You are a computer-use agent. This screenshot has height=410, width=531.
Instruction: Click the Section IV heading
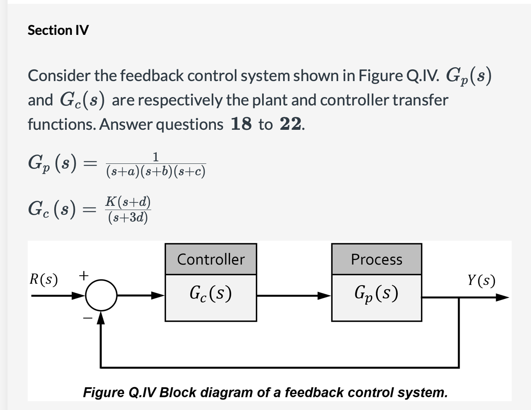[58, 30]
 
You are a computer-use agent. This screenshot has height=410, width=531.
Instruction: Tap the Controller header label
[210, 259]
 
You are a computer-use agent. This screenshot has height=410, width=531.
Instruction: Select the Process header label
[376, 259]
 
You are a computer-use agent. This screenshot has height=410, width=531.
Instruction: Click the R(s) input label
[44, 279]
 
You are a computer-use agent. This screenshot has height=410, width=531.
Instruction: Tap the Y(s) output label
[481, 280]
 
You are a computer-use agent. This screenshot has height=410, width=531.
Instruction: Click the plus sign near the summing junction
[84, 276]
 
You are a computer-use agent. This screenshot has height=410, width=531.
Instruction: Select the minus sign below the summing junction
[87, 319]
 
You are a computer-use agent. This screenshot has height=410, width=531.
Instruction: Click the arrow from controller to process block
[294, 296]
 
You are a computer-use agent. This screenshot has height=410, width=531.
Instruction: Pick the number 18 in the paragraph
[241, 124]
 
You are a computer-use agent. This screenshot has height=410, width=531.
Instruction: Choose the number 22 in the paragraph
[290, 124]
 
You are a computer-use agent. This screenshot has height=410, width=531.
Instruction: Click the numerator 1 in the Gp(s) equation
[155, 157]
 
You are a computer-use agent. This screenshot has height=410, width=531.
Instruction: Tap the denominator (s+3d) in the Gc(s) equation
[128, 217]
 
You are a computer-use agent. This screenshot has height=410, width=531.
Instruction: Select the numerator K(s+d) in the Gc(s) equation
[128, 202]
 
